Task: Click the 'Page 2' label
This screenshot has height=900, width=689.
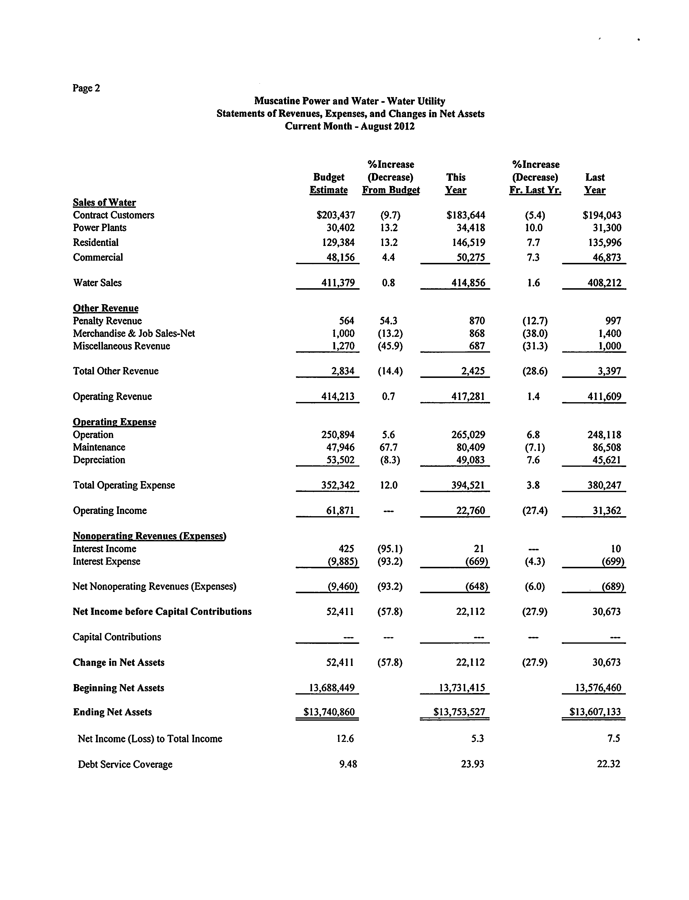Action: tap(86, 88)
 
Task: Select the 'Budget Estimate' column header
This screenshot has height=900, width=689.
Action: tap(329, 183)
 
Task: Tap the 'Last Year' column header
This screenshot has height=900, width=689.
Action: tap(595, 183)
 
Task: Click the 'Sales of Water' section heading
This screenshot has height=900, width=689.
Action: tap(104, 203)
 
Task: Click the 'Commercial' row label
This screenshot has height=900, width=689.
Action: tap(98, 257)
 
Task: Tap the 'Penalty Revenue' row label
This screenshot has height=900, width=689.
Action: tap(107, 321)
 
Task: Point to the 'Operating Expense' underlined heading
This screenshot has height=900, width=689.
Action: tap(114, 422)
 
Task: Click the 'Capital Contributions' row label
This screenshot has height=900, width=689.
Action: tap(117, 637)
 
